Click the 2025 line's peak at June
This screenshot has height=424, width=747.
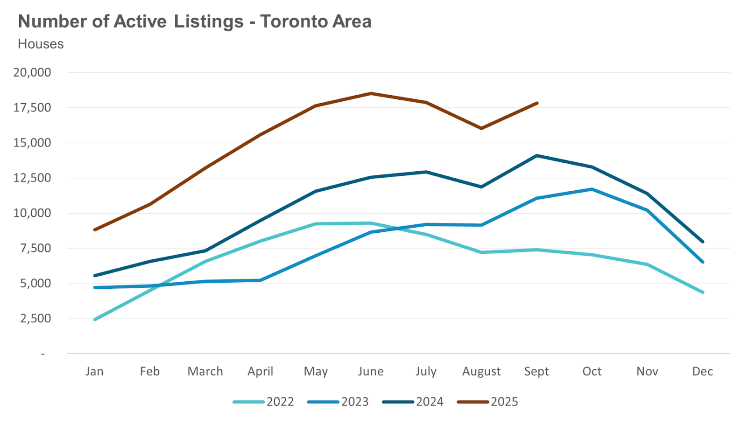tap(371, 93)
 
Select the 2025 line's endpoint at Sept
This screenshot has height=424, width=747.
tap(537, 103)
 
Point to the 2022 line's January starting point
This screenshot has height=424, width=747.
tap(95, 320)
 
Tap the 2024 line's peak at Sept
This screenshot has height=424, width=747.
tap(537, 155)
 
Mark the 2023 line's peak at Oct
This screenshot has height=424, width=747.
tap(592, 189)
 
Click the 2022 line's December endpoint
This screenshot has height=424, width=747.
tap(703, 292)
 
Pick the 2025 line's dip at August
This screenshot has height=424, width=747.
tap(481, 128)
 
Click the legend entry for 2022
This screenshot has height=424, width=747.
tap(264, 402)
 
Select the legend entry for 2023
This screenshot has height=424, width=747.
tap(338, 402)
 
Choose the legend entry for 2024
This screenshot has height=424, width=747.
tap(413, 402)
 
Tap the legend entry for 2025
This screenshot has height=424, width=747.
tap(488, 402)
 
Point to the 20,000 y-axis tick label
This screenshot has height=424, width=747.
tap(32, 72)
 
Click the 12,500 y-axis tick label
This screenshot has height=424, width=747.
tap(32, 178)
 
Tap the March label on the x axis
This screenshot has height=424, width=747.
tap(205, 371)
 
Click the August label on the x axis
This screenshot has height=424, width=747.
tap(481, 371)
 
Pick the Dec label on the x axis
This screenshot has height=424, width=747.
tap(703, 371)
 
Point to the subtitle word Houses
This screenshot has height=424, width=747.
tap(41, 44)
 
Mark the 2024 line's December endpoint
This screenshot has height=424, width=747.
tap(703, 242)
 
